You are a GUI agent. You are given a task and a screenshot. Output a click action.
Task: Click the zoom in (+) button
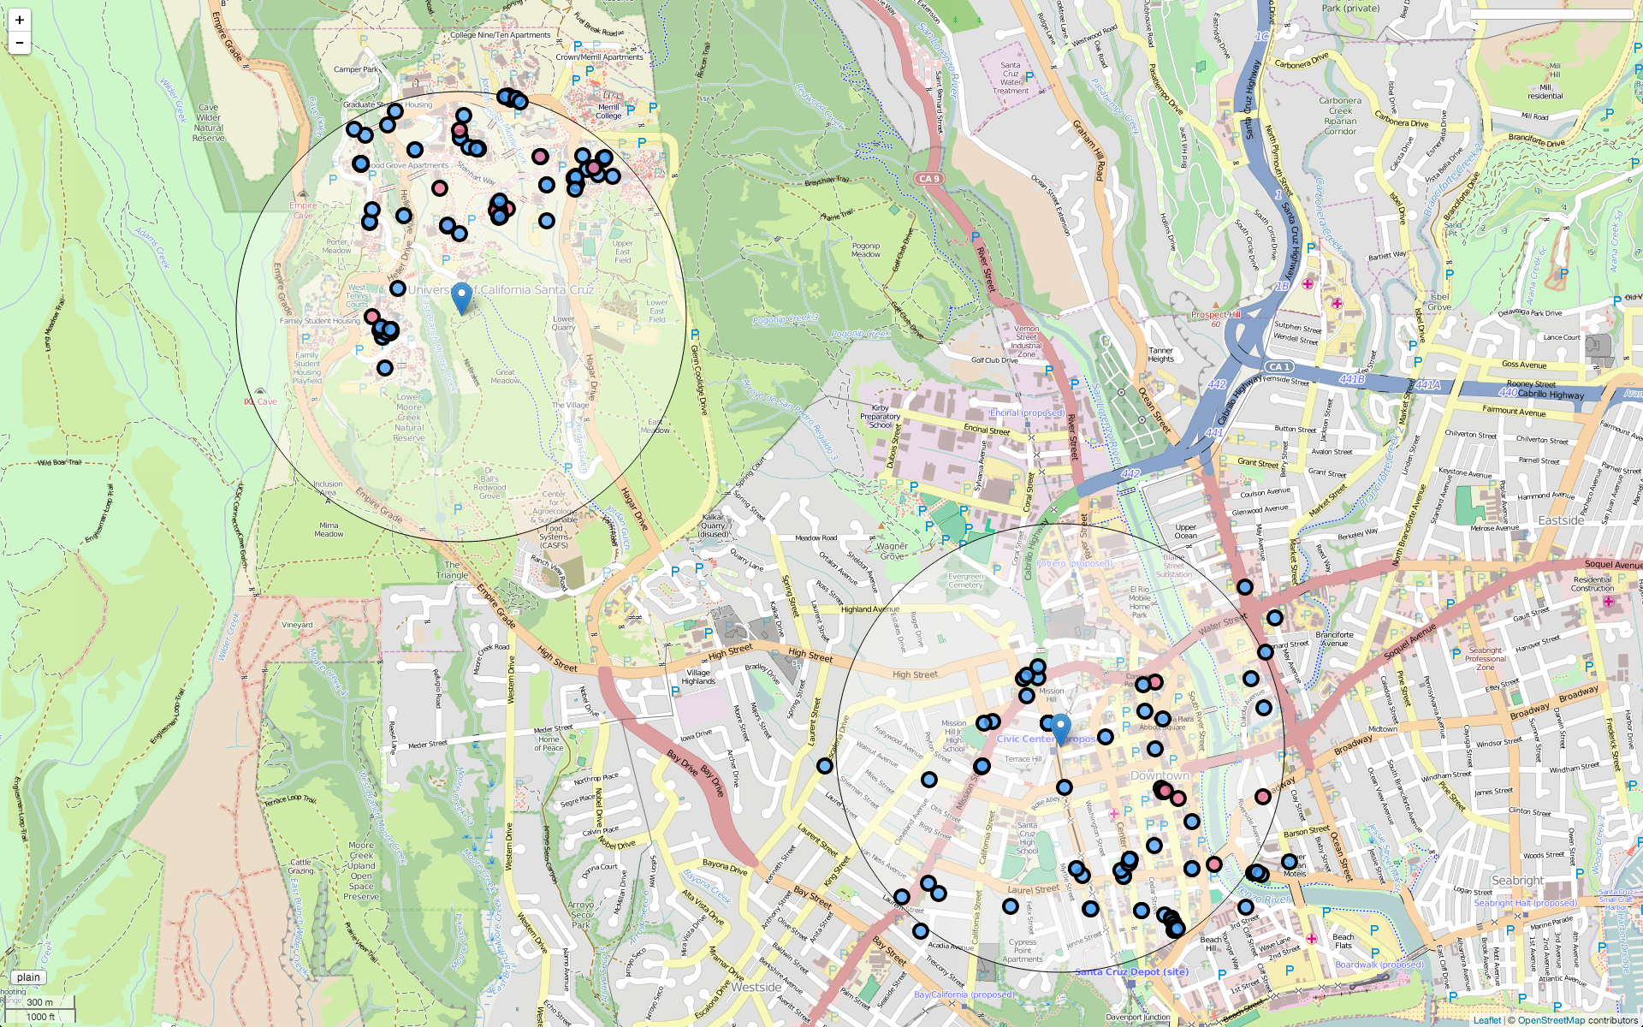(x=20, y=20)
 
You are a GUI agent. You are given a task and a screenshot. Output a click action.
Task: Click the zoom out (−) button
(x=20, y=43)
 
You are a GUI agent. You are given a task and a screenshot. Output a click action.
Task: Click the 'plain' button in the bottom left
(x=28, y=977)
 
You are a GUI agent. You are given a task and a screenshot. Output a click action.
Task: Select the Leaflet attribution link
(x=1486, y=1020)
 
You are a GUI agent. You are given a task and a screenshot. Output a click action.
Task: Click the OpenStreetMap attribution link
(x=1551, y=1020)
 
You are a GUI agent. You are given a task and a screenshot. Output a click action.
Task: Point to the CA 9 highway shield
(x=929, y=179)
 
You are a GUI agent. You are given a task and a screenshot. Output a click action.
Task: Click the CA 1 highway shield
(x=1279, y=366)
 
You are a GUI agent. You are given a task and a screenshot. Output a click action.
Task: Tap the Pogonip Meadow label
(x=866, y=250)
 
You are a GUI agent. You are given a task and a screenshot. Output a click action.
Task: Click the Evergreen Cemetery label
(x=966, y=580)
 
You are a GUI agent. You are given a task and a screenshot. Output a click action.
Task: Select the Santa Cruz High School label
(x=1027, y=838)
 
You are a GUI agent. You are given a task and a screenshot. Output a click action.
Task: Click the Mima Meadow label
(x=329, y=530)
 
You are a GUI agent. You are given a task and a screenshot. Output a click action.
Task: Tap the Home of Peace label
(x=549, y=744)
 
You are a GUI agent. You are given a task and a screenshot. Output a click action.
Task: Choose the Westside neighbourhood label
(x=756, y=987)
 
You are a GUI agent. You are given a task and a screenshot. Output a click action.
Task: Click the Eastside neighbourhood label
(x=1561, y=520)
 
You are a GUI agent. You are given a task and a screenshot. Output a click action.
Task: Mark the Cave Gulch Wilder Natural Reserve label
(x=208, y=122)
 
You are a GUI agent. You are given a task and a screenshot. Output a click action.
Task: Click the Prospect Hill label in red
(x=1215, y=314)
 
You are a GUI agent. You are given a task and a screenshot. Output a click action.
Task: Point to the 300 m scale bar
(x=39, y=1002)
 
